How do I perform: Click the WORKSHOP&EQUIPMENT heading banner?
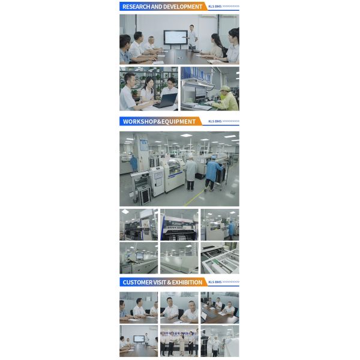(x=159, y=121)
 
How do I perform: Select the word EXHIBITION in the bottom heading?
(x=188, y=282)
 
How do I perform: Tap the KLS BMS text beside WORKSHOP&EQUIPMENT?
(x=215, y=121)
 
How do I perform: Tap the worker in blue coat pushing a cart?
(x=211, y=173)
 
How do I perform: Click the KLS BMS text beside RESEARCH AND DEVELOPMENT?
(x=214, y=7)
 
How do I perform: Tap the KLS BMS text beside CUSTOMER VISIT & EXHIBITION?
(x=215, y=282)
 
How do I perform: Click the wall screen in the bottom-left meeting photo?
(x=139, y=338)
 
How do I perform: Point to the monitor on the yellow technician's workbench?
(x=200, y=93)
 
